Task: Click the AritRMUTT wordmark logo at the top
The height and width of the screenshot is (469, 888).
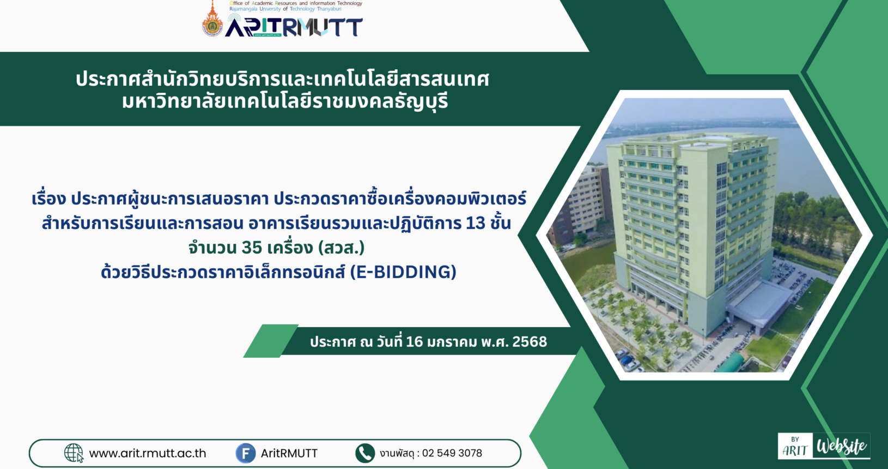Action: click(294, 26)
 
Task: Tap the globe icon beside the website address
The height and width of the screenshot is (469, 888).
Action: click(74, 453)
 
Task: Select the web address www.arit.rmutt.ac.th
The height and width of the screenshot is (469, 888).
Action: click(148, 453)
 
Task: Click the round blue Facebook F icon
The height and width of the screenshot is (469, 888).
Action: click(245, 453)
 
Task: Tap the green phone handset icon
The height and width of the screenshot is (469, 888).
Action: click(364, 453)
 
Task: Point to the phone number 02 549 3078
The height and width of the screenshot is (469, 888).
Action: click(452, 453)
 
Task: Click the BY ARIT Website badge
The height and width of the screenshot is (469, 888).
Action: click(824, 446)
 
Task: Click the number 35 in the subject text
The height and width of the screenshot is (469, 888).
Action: click(252, 248)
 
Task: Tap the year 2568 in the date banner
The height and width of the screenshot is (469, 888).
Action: click(530, 341)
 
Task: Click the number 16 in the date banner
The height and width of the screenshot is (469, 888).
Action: click(415, 341)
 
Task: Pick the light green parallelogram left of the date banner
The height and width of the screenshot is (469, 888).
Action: click(271, 341)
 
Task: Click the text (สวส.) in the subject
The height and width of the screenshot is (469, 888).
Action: click(342, 248)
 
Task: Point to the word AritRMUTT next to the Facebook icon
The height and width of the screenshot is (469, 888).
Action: click(289, 453)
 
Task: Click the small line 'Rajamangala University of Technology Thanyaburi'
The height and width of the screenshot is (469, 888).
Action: click(285, 9)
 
